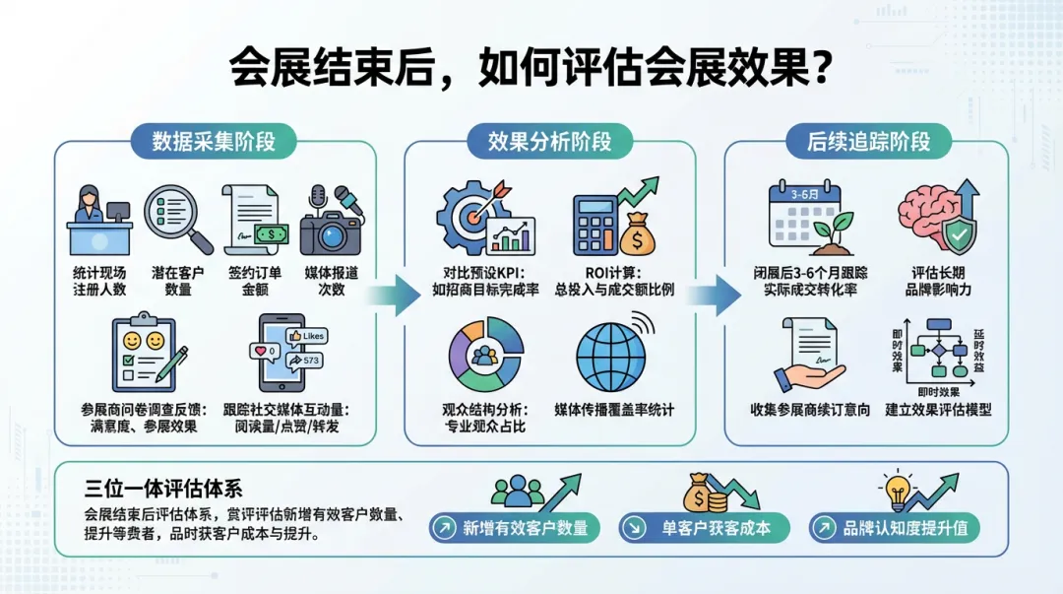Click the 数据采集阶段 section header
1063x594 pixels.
213,141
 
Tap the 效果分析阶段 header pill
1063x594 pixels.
549,141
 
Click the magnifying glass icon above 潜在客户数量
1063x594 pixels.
178,219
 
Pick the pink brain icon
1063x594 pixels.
930,219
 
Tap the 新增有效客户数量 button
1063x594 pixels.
515,528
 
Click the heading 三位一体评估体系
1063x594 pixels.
162,489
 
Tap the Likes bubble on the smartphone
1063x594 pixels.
307,336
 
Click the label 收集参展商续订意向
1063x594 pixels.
810,410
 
